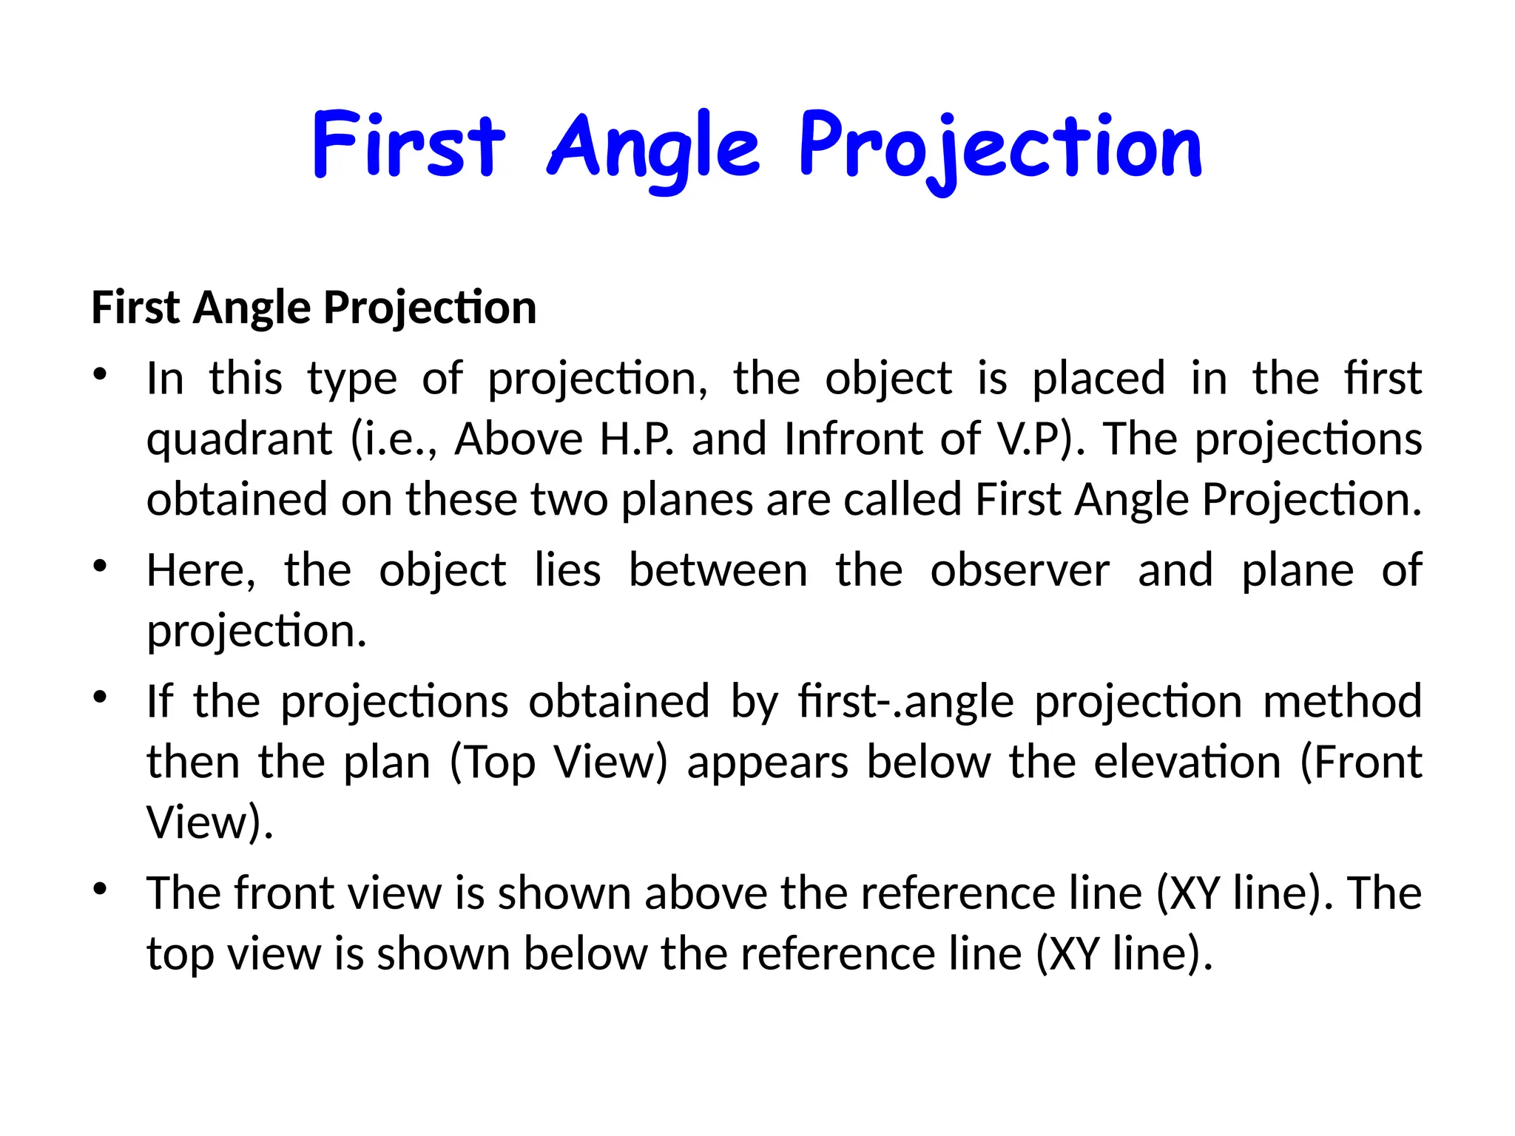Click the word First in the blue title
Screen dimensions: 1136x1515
pos(409,145)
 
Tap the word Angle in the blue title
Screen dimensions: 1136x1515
pos(653,148)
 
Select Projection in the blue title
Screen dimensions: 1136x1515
pos(1001,148)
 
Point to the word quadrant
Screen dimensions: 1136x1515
pos(239,440)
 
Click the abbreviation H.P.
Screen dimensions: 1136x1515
pos(636,439)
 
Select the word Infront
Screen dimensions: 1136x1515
pos(853,439)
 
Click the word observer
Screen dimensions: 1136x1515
pos(1019,570)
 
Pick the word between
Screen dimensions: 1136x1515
pos(718,570)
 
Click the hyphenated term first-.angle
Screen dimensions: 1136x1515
pos(905,701)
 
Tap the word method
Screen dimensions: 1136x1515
pos(1342,701)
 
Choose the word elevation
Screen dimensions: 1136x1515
pos(1187,762)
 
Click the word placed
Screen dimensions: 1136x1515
pos(1098,379)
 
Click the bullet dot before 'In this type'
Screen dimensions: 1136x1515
pos(101,374)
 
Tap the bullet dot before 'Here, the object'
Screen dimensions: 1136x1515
pos(101,567)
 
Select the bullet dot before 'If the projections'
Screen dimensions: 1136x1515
pos(101,697)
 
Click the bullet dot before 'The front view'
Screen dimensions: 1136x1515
pos(101,889)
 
